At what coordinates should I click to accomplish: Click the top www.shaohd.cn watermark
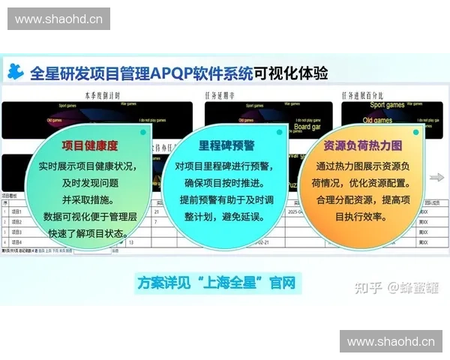click(59, 19)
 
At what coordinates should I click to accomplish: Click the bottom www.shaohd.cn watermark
click(391, 341)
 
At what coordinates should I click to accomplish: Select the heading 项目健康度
click(89, 145)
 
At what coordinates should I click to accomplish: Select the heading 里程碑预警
click(226, 145)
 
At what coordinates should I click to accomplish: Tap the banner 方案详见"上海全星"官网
click(217, 283)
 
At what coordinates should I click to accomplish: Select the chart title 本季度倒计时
click(101, 95)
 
